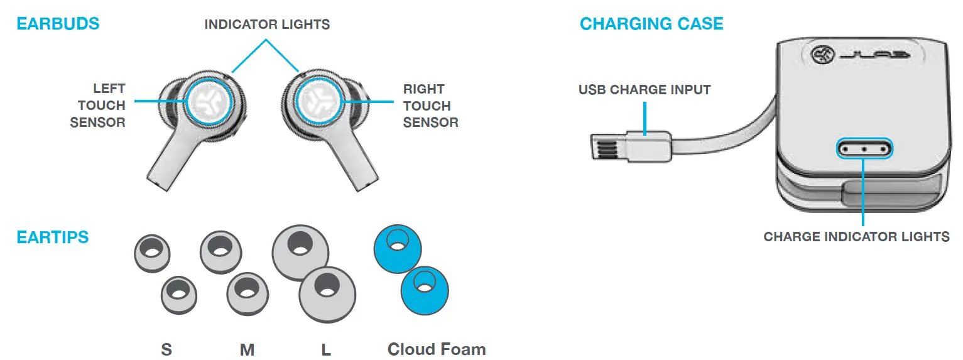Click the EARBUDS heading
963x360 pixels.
tap(58, 24)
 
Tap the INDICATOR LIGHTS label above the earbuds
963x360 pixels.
tap(267, 25)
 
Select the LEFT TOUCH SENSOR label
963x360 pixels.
tap(98, 106)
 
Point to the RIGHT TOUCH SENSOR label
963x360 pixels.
tap(430, 106)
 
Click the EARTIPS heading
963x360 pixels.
tap(53, 237)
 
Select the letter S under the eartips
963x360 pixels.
tap(166, 349)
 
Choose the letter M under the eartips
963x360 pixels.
tap(247, 349)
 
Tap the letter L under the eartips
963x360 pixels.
tap(326, 349)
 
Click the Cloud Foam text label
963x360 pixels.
tap(437, 349)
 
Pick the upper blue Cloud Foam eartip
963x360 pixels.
tap(397, 249)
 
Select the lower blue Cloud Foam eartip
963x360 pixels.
tap(425, 289)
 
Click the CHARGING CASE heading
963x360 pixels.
tap(651, 24)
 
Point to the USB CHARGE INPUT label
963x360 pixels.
tap(645, 90)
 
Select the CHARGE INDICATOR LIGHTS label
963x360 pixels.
tap(856, 237)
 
